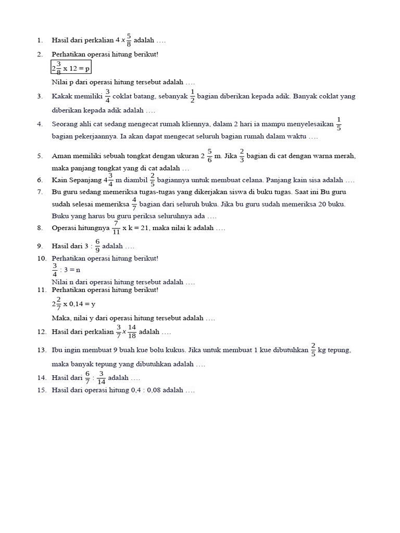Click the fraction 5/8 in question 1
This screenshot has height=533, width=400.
click(x=129, y=40)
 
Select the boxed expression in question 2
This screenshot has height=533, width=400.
click(x=71, y=68)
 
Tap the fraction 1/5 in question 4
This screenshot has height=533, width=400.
click(x=339, y=124)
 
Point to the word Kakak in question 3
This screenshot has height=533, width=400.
click(x=62, y=97)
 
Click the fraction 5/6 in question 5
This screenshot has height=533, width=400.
click(x=209, y=156)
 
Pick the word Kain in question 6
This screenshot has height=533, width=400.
click(x=58, y=180)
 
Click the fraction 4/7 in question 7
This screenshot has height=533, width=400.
click(x=134, y=204)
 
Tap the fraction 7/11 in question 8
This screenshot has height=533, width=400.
click(x=116, y=228)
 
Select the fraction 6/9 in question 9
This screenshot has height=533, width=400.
click(x=97, y=246)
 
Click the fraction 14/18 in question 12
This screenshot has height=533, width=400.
click(x=132, y=332)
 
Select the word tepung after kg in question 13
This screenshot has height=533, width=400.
click(x=339, y=350)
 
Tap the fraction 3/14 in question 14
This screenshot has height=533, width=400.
click(x=101, y=378)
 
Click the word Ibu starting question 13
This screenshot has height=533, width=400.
click(x=56, y=350)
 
